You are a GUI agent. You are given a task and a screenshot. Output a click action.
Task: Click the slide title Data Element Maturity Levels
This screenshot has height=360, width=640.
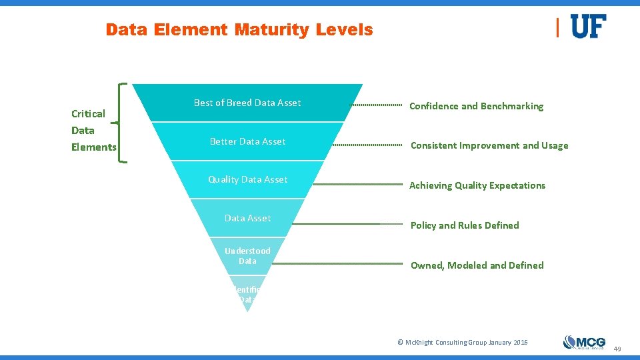239,30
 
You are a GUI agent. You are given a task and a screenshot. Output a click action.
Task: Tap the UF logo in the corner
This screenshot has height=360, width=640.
588,27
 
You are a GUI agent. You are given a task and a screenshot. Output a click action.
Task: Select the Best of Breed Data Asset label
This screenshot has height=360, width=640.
247,103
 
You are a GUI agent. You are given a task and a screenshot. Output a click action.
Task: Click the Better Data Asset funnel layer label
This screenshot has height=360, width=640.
247,141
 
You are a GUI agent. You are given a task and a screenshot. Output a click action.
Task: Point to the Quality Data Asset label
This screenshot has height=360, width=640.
247,179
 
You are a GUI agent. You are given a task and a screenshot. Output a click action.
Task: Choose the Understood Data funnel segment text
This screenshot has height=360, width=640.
247,256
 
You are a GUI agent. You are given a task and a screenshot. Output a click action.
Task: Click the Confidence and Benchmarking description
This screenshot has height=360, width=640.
476,106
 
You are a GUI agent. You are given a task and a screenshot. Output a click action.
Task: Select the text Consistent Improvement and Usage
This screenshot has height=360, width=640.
489,145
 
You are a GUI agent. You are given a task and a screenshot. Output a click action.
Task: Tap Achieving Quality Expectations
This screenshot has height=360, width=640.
477,185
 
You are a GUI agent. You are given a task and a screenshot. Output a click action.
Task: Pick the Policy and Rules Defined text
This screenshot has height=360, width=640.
465,225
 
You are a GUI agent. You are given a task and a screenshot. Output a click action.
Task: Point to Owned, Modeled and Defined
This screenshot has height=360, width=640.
477,265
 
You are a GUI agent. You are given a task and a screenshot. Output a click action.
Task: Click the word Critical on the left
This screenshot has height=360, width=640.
88,113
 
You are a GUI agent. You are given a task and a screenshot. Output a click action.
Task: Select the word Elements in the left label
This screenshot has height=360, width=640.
93,147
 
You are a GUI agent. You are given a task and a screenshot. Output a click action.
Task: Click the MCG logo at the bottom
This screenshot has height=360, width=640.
584,342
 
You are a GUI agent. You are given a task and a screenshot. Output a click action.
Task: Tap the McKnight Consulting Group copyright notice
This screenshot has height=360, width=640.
462,342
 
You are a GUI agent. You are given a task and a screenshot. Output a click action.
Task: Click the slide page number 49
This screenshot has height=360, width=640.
617,349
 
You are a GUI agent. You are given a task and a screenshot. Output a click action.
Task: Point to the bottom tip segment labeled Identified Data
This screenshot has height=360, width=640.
247,295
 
